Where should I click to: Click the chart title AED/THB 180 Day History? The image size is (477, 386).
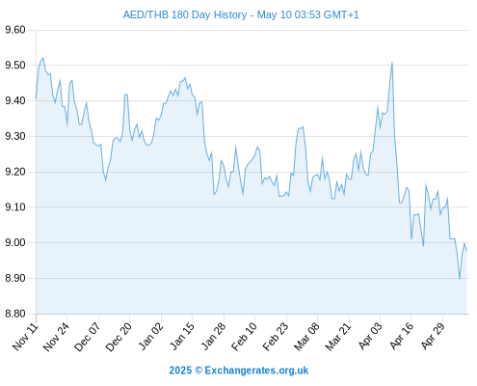(185, 14)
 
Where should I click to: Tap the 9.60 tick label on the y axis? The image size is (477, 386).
(15, 30)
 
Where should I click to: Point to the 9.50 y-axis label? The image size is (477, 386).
(15, 66)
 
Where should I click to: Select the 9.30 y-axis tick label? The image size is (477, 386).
(15, 136)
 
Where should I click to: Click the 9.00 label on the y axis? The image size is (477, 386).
(15, 242)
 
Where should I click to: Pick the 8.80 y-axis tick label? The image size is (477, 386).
(15, 314)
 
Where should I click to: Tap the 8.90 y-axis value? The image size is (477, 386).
(15, 278)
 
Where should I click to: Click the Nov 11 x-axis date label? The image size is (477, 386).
(25, 337)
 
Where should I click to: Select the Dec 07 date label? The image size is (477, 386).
(87, 337)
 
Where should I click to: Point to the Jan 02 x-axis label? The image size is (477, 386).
(150, 337)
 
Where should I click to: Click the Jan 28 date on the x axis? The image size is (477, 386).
(213, 337)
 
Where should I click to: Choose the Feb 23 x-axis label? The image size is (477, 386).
(276, 337)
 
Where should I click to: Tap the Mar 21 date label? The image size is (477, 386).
(338, 337)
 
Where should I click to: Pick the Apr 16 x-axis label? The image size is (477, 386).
(401, 337)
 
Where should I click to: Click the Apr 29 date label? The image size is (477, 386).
(433, 337)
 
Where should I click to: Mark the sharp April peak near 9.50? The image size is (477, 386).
(392, 63)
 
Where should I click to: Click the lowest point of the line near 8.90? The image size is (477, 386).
(460, 278)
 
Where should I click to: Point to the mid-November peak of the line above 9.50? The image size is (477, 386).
(43, 58)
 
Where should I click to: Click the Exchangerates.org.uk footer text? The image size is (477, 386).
(256, 371)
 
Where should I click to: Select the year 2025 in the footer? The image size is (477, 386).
(180, 371)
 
